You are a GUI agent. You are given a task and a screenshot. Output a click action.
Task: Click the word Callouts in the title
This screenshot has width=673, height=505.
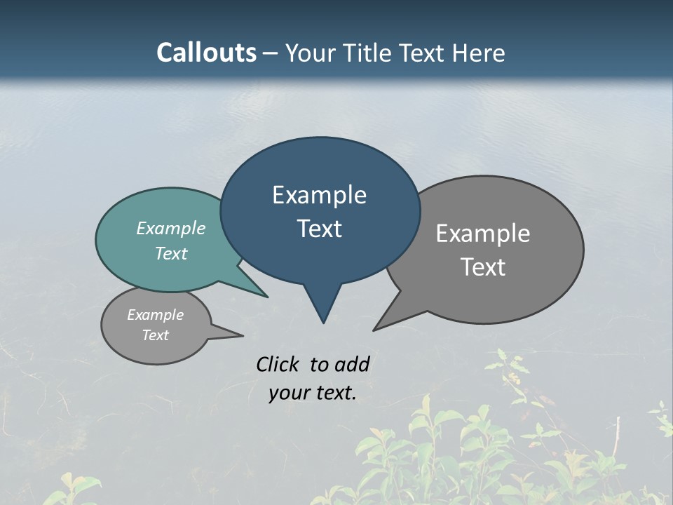[x=206, y=53]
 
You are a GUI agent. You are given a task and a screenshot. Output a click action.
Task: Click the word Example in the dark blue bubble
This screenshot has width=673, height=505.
[x=319, y=195]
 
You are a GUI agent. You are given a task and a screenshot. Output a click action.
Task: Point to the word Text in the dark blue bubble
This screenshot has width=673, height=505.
[x=319, y=229]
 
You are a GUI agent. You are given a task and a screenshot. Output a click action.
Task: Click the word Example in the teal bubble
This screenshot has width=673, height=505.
[x=171, y=228]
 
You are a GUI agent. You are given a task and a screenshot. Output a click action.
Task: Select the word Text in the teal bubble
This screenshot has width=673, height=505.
[x=171, y=253]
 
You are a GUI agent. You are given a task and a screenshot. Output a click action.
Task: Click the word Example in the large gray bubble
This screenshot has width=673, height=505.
[x=483, y=233]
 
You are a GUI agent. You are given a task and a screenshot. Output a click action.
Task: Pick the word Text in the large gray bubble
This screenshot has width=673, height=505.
[x=483, y=267]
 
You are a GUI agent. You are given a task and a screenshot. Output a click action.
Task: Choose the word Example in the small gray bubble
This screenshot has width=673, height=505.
[x=155, y=315]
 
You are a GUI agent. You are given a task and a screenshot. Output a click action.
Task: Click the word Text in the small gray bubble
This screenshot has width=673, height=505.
[x=155, y=335]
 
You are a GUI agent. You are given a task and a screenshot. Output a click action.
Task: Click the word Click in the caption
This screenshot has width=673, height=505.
[x=278, y=364]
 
